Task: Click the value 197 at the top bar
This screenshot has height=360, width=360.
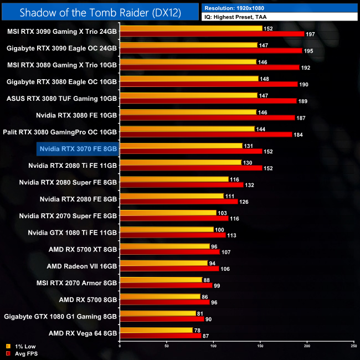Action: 311,34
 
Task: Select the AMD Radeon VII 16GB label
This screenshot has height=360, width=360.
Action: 82,266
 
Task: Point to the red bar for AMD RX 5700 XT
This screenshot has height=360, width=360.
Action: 170,252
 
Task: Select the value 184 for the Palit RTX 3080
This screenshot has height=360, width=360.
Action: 299,135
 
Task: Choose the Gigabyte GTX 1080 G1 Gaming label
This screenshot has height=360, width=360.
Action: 60,317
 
